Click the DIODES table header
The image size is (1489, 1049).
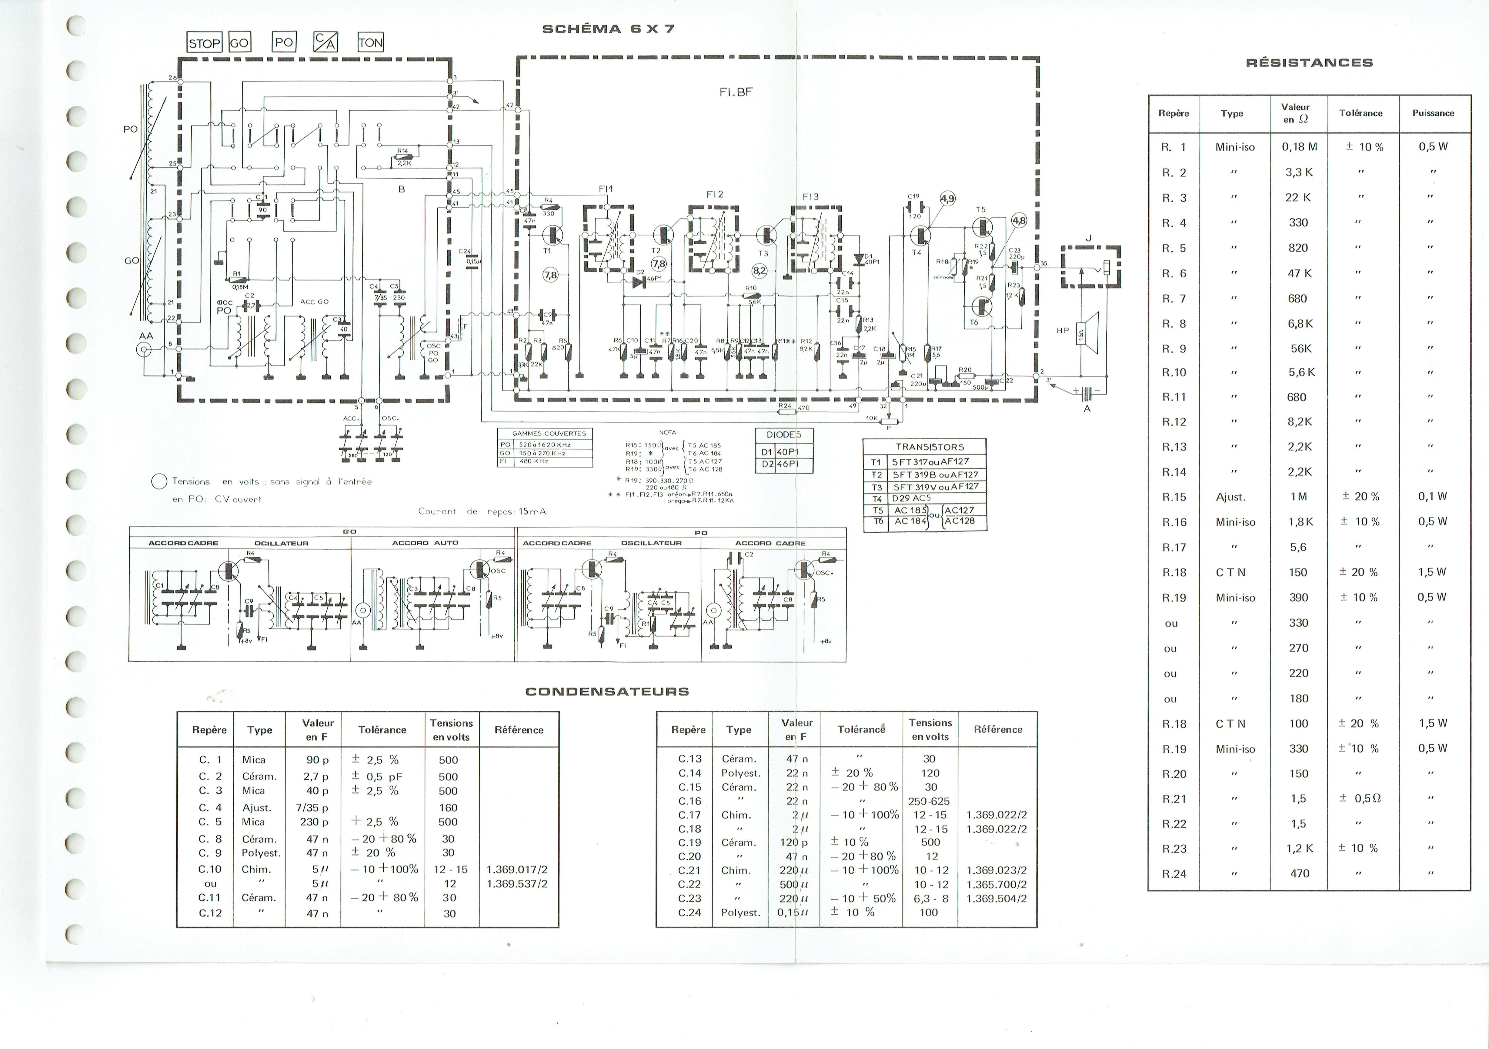(x=784, y=435)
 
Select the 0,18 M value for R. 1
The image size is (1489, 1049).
(x=1299, y=147)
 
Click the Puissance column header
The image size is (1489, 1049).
(x=1433, y=113)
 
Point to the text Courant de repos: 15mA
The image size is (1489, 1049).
(x=482, y=511)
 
